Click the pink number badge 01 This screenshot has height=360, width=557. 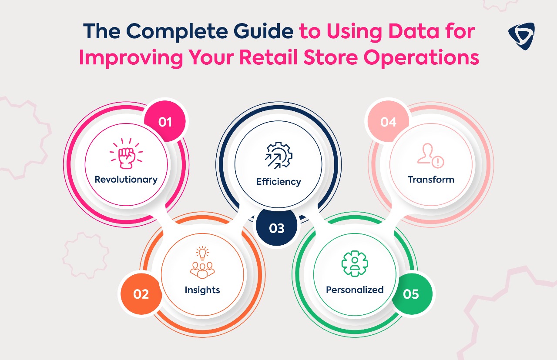click(x=165, y=121)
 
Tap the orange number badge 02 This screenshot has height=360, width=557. click(x=141, y=294)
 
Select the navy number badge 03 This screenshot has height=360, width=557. click(x=276, y=228)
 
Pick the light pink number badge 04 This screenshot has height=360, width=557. click(x=388, y=121)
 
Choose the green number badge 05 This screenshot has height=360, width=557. click(x=411, y=294)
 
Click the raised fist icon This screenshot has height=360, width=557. click(x=126, y=154)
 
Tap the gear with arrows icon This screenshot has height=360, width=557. click(x=278, y=156)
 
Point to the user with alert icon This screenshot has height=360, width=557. click(x=431, y=156)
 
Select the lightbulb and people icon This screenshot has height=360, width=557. click(x=202, y=262)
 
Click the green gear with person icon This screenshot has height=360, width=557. click(x=355, y=263)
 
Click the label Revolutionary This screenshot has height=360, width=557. click(x=126, y=180)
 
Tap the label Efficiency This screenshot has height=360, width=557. click(x=278, y=182)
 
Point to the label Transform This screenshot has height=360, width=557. click(x=431, y=180)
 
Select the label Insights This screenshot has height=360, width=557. click(x=202, y=290)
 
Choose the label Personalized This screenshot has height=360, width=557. click(x=355, y=290)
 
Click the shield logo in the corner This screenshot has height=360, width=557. click(x=521, y=36)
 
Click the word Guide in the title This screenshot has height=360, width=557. click(x=263, y=31)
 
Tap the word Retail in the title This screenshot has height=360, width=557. click(x=268, y=57)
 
